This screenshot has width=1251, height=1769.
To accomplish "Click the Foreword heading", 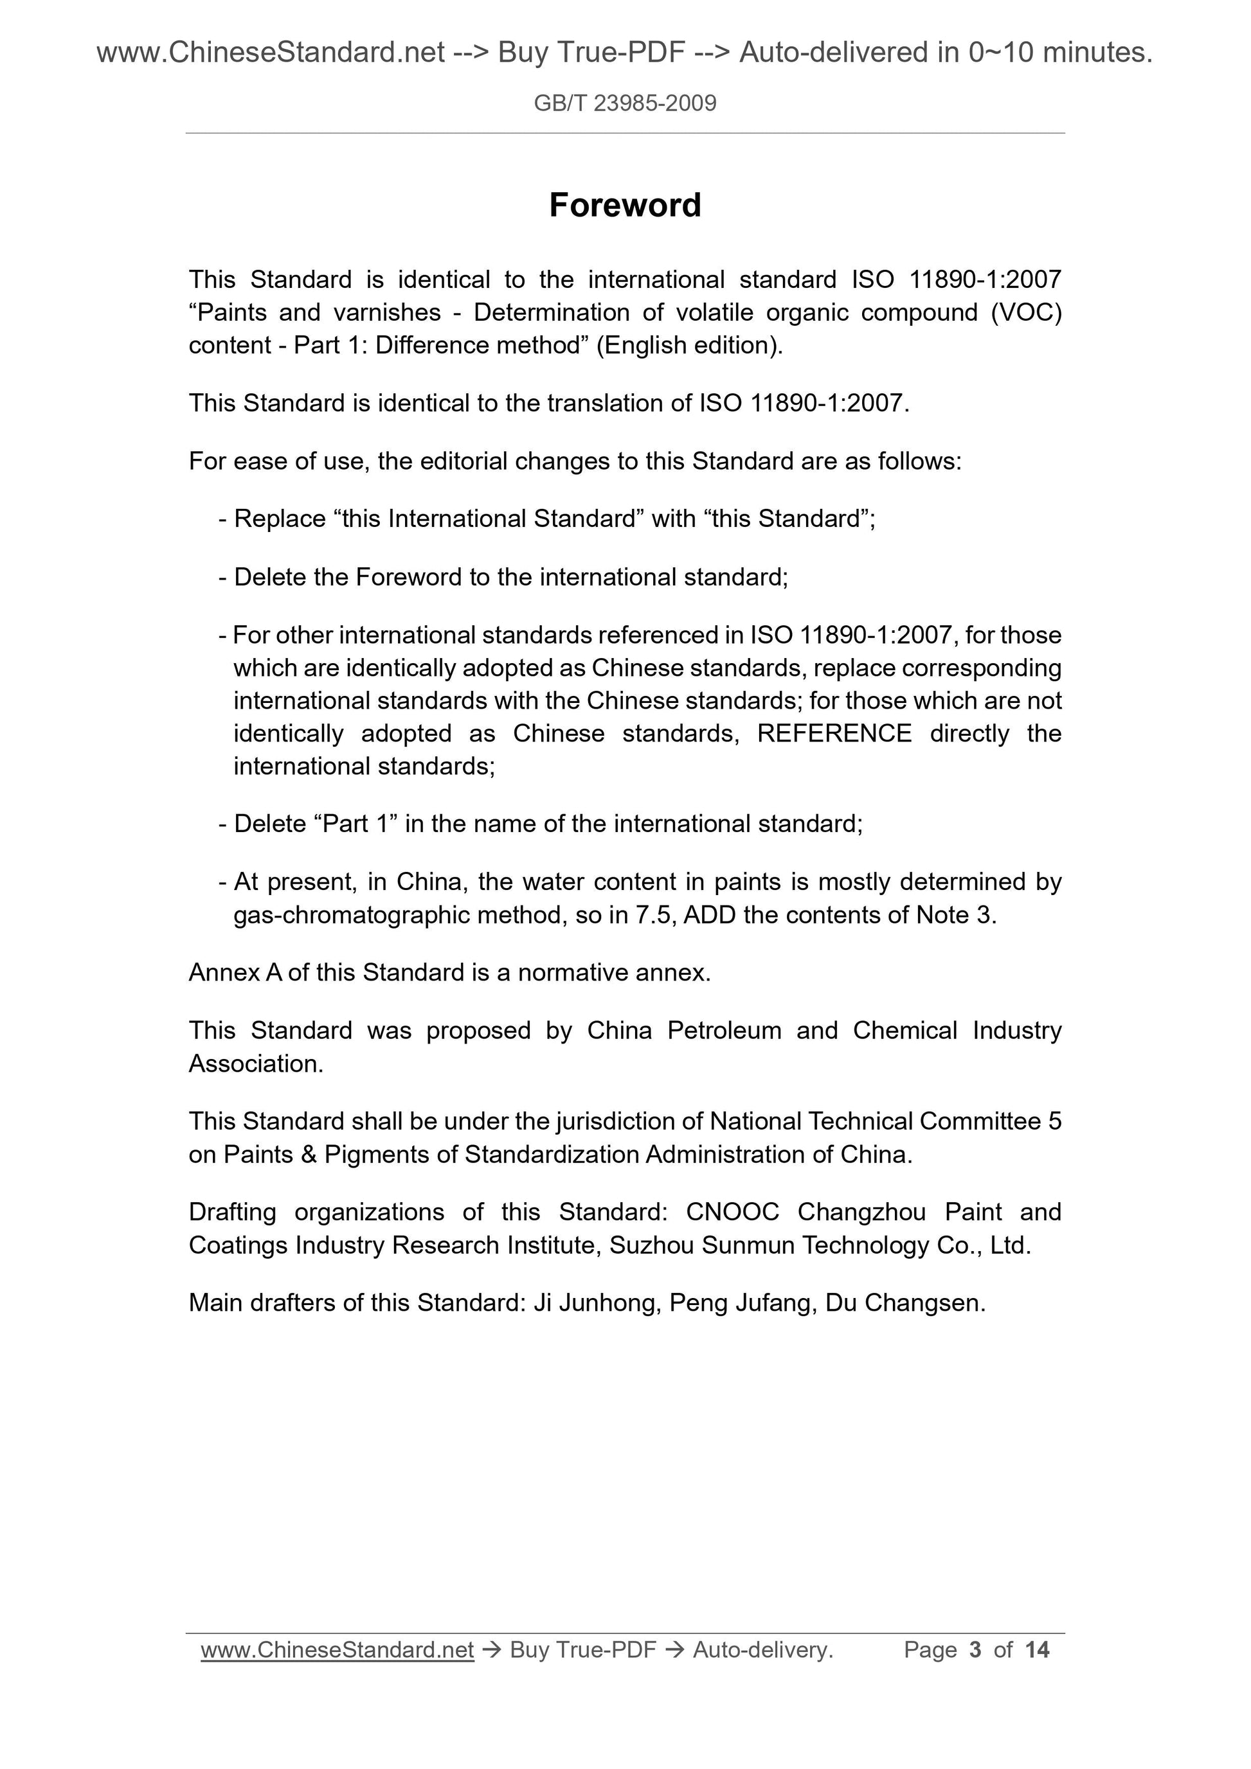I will [625, 206].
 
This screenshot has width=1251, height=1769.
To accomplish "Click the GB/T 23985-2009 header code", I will [625, 103].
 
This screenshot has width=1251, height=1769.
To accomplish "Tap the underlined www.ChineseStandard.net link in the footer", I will [337, 1649].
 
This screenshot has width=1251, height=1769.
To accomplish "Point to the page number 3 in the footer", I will [975, 1649].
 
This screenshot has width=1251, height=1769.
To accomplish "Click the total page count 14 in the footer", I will [1037, 1649].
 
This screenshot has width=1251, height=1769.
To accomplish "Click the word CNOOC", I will [732, 1212].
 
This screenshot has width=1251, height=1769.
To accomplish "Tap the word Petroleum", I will [724, 1030].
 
